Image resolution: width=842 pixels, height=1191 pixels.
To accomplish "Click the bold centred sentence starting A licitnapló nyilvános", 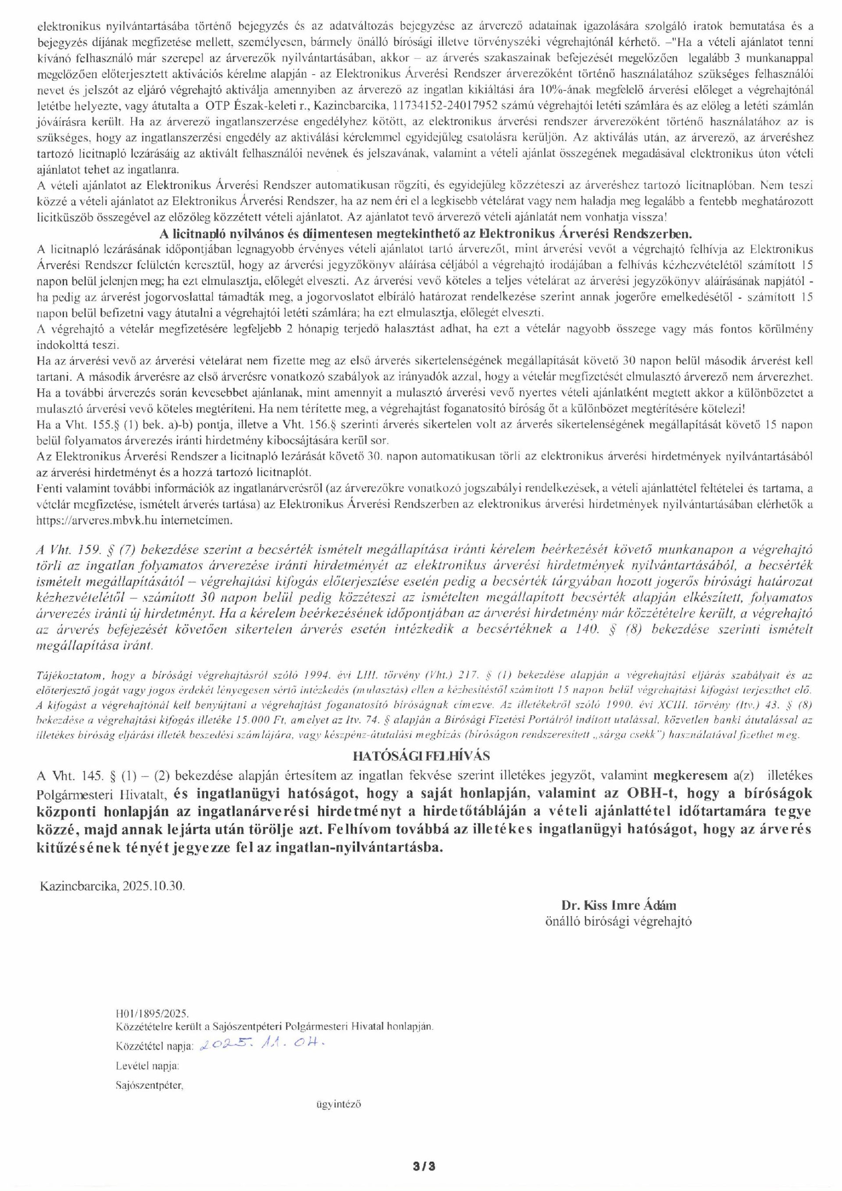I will tap(421, 234).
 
